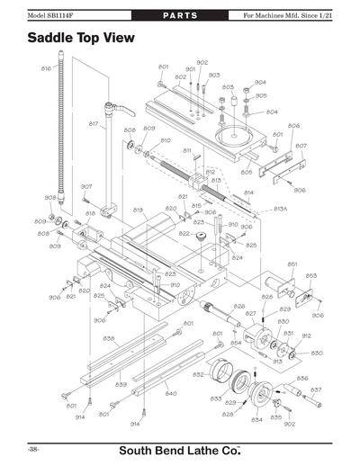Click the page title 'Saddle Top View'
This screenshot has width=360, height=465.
[80, 39]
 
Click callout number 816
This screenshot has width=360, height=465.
[46, 68]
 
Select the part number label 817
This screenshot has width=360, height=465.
[93, 123]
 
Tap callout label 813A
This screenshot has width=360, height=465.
[280, 208]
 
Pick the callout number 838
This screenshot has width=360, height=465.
[108, 338]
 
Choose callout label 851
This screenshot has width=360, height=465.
[292, 264]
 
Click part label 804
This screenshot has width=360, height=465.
[272, 112]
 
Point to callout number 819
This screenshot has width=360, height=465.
[138, 210]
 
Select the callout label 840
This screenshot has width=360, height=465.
[170, 393]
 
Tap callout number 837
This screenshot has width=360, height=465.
[316, 389]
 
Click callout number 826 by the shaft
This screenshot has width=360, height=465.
[238, 307]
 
